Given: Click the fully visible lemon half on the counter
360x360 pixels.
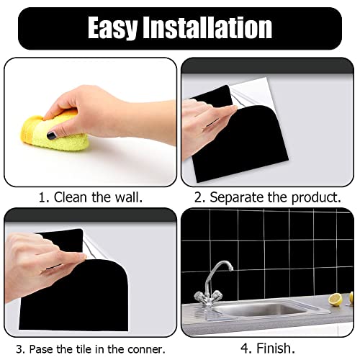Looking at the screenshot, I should point(334,299).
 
